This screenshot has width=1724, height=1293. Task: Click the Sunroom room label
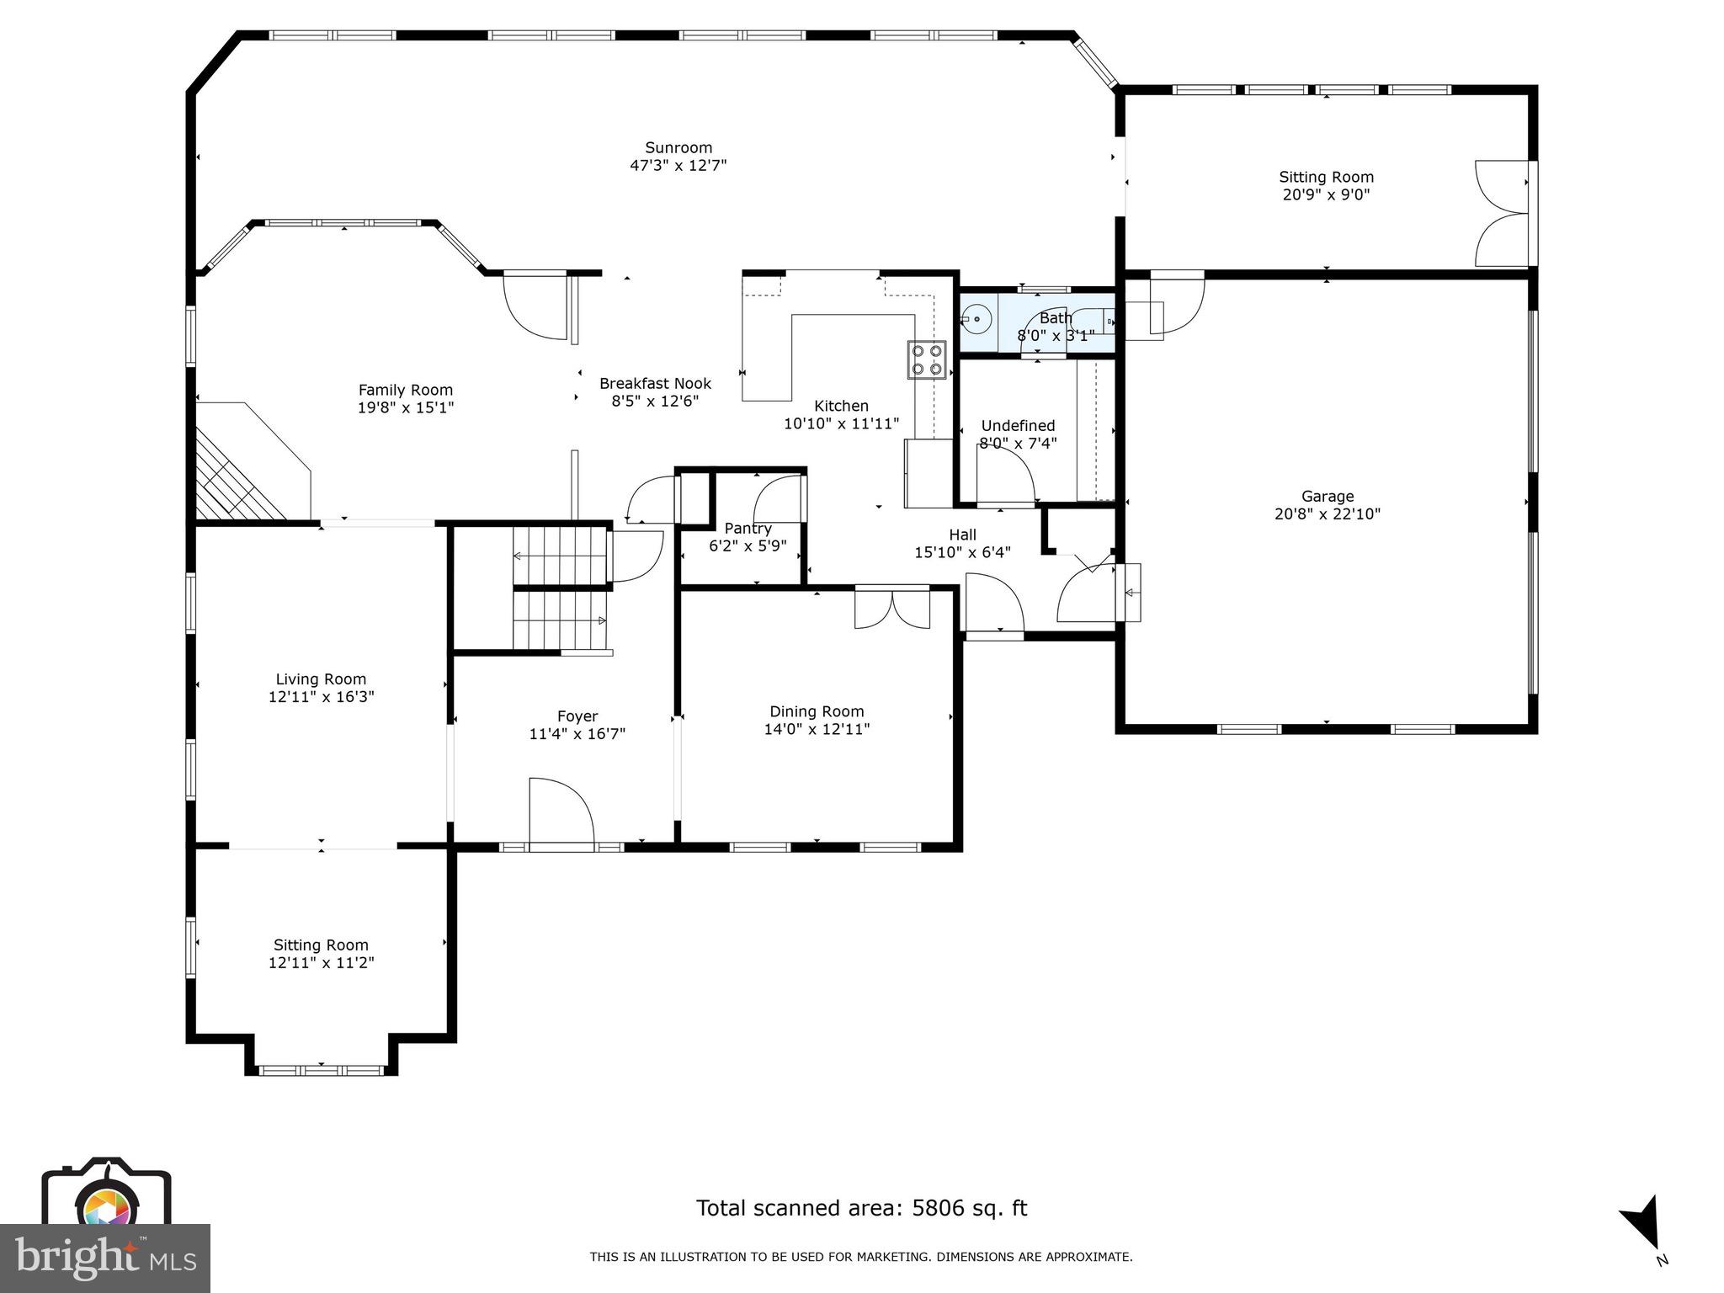(x=678, y=148)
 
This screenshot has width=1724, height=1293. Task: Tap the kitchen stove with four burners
(x=926, y=359)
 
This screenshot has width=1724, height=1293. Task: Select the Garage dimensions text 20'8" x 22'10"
(x=1328, y=514)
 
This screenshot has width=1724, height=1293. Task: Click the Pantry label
(x=748, y=529)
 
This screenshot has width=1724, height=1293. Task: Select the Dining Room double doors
(x=892, y=608)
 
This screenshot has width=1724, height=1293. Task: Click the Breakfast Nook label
(x=655, y=384)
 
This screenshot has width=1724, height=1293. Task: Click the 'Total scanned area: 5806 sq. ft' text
(x=861, y=1208)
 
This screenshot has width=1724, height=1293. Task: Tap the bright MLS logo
(x=105, y=1258)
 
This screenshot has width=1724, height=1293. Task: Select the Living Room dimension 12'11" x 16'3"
(x=321, y=697)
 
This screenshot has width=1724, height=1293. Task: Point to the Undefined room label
(x=1018, y=426)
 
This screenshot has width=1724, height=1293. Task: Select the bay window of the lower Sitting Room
(x=321, y=1070)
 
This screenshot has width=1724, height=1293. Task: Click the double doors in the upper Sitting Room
(x=1503, y=214)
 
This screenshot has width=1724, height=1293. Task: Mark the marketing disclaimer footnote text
(x=861, y=1257)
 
